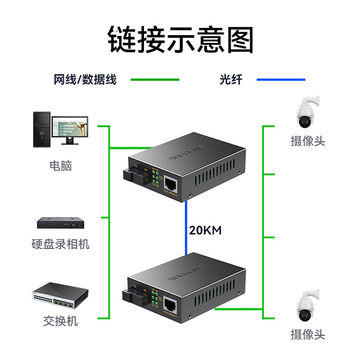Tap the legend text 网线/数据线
point(85,80)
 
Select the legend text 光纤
point(231,80)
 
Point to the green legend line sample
point(155,80)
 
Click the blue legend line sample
point(281,80)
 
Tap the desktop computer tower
point(41,129)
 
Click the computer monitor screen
point(70,126)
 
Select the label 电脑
point(60,166)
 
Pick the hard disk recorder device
point(60,223)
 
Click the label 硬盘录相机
point(60,244)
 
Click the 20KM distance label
point(205,230)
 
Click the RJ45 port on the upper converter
point(171,183)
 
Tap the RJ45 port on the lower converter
point(171,305)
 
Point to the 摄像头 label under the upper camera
point(308,141)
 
